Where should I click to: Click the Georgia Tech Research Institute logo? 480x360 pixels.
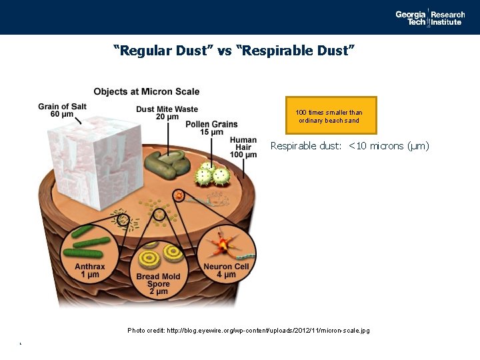430,17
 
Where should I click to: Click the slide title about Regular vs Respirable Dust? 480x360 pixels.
234,50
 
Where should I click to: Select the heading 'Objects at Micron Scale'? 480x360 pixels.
146,91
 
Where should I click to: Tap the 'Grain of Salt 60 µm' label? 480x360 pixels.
61,110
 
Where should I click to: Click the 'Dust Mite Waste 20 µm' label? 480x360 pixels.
167,113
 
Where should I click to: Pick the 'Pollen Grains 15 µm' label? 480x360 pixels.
211,128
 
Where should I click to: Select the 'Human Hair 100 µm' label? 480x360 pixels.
243,147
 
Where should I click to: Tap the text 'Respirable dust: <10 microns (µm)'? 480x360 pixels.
349,146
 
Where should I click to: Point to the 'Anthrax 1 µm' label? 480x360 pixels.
89,270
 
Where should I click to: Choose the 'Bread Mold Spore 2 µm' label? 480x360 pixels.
159,284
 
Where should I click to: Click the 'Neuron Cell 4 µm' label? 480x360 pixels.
226,271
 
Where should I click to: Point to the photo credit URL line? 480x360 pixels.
248,331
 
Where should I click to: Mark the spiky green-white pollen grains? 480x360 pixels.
209,176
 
